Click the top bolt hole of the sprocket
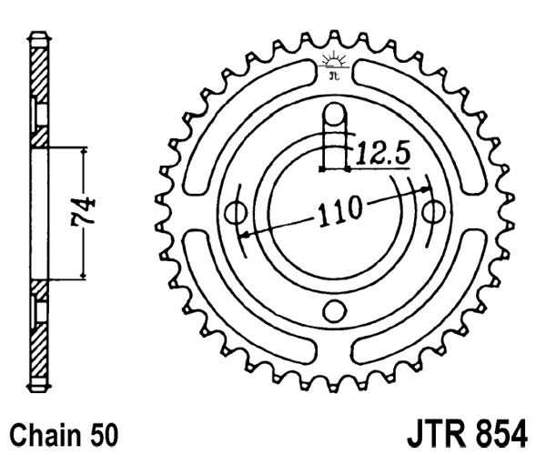334,115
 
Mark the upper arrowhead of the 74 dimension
85,151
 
